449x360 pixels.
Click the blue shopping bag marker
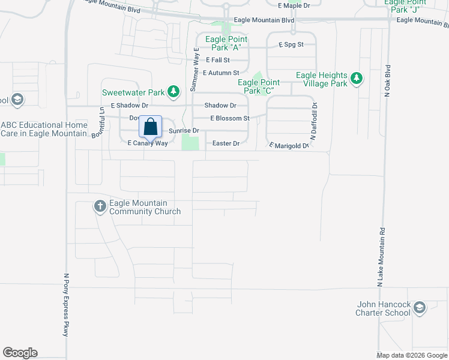tap(151, 127)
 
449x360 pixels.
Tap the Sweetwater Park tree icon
tap(173, 92)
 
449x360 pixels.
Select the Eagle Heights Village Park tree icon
tap(357, 78)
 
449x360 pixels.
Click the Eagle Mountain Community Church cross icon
tap(100, 207)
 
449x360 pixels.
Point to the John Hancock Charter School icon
tap(419, 308)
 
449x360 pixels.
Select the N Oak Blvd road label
tap(388, 80)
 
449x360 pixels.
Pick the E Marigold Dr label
tap(289, 146)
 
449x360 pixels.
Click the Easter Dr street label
tap(226, 143)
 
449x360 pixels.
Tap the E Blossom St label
tap(230, 118)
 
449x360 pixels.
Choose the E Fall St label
tap(218, 60)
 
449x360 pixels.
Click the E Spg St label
tap(292, 44)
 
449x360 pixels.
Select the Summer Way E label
tap(194, 69)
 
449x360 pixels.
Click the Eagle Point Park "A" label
tap(223, 44)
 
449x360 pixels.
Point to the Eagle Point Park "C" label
tap(259, 86)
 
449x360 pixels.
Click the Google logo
tap(20, 353)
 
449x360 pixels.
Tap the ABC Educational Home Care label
tap(44, 129)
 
